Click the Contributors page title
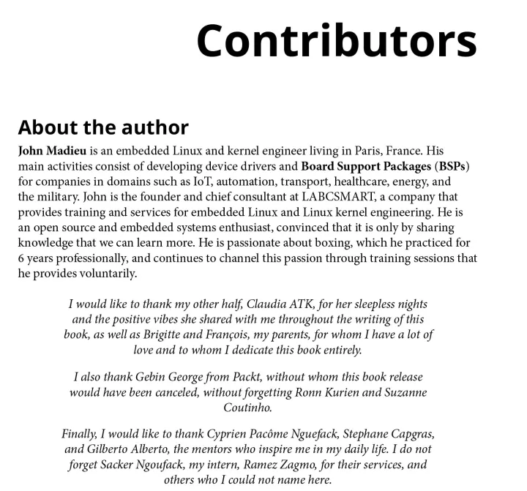coord(336,40)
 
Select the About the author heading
coord(103,127)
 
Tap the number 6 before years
coord(22,258)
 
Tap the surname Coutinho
coord(247,408)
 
